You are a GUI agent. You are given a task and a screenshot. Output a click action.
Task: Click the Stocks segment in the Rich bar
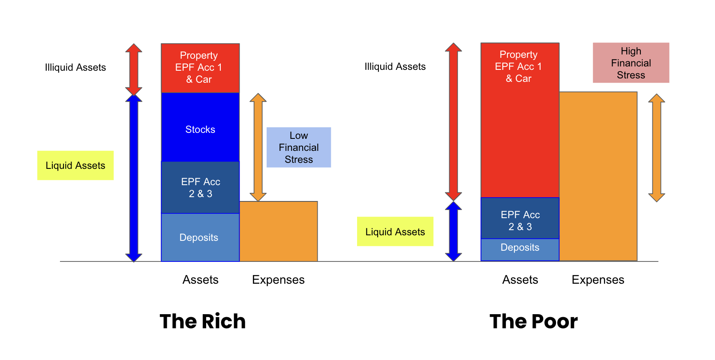[x=200, y=127]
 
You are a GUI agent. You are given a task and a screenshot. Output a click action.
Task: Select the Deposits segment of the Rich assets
[x=200, y=237]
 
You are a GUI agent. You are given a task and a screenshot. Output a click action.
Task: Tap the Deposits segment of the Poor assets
[x=520, y=249]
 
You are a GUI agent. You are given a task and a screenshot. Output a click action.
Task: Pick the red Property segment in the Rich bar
[x=200, y=68]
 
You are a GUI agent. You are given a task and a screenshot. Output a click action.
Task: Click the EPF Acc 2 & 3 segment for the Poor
[x=520, y=218]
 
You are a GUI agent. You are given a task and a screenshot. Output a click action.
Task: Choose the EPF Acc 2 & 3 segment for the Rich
[x=200, y=187]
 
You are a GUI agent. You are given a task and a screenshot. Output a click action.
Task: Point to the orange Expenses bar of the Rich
[x=278, y=231]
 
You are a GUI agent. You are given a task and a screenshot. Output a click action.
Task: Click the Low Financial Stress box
[x=299, y=147]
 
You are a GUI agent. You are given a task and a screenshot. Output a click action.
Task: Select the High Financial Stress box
[x=631, y=63]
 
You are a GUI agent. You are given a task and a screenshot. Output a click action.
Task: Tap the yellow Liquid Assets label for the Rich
[x=75, y=165]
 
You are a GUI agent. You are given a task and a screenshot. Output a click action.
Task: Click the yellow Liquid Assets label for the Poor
[x=395, y=232]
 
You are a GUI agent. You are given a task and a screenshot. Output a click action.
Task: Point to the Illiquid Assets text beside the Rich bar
[x=75, y=67]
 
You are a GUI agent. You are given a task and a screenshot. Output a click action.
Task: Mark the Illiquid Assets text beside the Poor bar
[x=395, y=66]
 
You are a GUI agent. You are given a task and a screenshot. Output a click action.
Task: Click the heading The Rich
[x=203, y=321]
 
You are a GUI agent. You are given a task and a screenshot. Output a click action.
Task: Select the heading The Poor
[x=534, y=321]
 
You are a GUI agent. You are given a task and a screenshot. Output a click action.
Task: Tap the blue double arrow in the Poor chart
[x=453, y=231]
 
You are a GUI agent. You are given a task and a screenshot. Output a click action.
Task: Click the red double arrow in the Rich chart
[x=134, y=69]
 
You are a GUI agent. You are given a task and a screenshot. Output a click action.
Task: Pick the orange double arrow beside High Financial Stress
[x=657, y=148]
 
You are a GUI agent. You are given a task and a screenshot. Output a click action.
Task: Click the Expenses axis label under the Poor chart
[x=598, y=279]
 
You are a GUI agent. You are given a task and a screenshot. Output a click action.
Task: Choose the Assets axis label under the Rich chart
[x=201, y=279]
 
